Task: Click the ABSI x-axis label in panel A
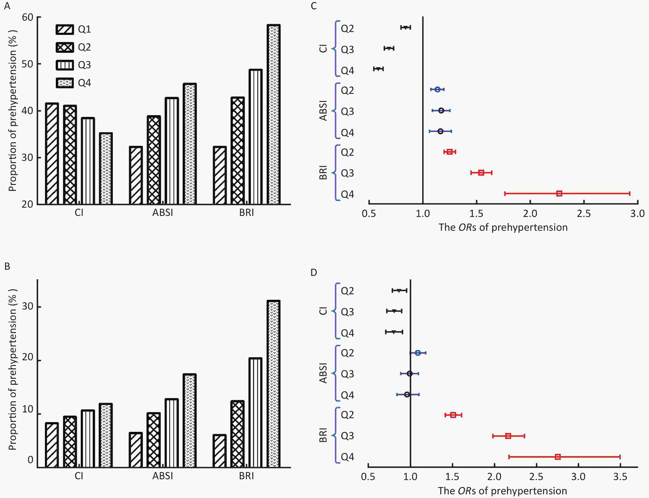[x=163, y=213]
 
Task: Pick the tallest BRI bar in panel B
[x=273, y=384]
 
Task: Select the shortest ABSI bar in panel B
[x=136, y=450]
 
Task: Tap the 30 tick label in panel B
[x=28, y=306]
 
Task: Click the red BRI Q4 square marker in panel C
[x=559, y=194]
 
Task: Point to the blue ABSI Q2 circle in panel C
[x=437, y=89]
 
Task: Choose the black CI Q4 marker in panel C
[x=378, y=69]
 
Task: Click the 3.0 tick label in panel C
[x=637, y=214]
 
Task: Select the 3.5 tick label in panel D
[x=620, y=477]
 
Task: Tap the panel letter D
[x=314, y=272]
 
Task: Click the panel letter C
[x=314, y=6]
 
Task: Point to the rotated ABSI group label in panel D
[x=323, y=373]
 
